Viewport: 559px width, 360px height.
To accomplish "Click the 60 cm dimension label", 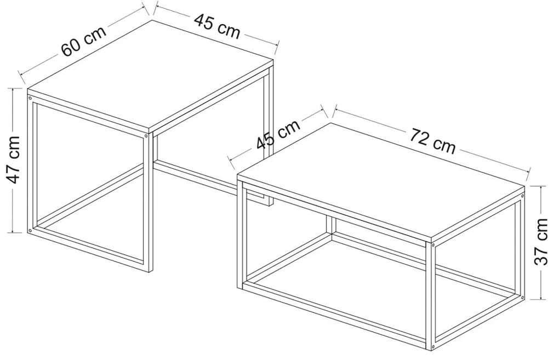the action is click(84, 41).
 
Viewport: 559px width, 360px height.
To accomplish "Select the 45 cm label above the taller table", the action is click(217, 26).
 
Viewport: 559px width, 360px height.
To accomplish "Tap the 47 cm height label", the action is click(14, 159).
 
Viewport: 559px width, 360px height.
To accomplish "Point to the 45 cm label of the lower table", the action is click(278, 134).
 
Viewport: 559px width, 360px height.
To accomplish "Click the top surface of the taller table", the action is click(151, 74).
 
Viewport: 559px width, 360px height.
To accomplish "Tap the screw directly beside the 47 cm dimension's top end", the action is click(30, 98).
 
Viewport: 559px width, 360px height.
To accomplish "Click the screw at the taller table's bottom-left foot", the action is click(30, 230).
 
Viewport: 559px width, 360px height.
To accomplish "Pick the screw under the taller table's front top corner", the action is click(146, 136).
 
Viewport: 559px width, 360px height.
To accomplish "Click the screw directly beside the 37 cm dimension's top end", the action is click(522, 196).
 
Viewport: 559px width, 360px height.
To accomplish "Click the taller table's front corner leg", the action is click(148, 202).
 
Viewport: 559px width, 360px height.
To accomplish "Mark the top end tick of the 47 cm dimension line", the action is click(13, 89).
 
